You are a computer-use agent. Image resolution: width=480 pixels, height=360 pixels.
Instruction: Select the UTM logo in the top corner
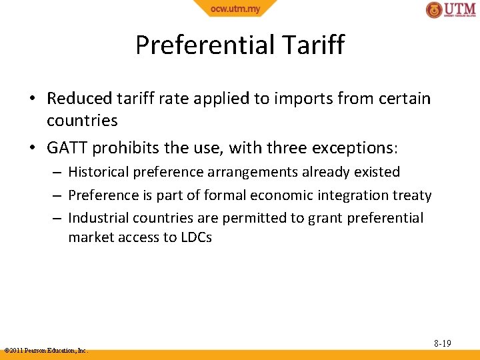451,10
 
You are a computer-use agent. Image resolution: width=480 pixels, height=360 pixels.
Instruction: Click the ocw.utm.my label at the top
235,9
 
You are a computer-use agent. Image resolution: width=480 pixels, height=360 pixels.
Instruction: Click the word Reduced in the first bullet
79,99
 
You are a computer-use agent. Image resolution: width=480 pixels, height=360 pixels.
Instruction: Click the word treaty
413,195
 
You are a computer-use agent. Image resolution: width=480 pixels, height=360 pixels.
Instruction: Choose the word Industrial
98,218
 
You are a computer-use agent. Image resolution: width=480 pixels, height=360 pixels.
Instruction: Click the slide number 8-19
442,343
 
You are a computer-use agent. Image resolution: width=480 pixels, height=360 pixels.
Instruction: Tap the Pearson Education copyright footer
45,350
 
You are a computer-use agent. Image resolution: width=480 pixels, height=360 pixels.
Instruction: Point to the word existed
377,172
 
